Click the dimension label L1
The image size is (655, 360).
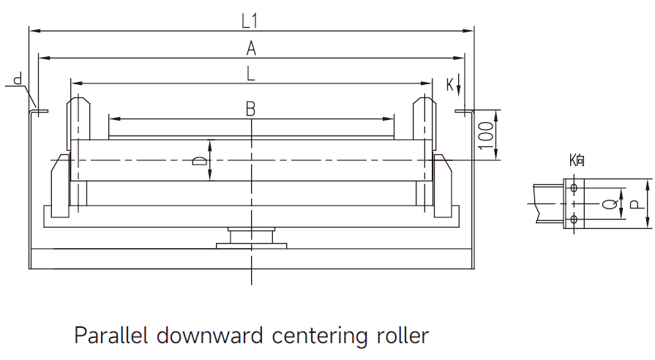click(250, 21)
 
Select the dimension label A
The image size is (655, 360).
click(251, 48)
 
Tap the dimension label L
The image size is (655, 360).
click(251, 73)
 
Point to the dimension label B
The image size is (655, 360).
click(250, 109)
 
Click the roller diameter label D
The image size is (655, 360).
click(198, 160)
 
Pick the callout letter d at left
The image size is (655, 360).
click(17, 78)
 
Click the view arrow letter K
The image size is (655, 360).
click(450, 84)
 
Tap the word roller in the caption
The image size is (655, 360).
click(403, 336)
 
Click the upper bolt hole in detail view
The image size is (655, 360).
click(574, 189)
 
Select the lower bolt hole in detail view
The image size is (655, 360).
click(574, 220)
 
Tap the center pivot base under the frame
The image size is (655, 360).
click(251, 238)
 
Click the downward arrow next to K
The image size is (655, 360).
click(459, 85)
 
